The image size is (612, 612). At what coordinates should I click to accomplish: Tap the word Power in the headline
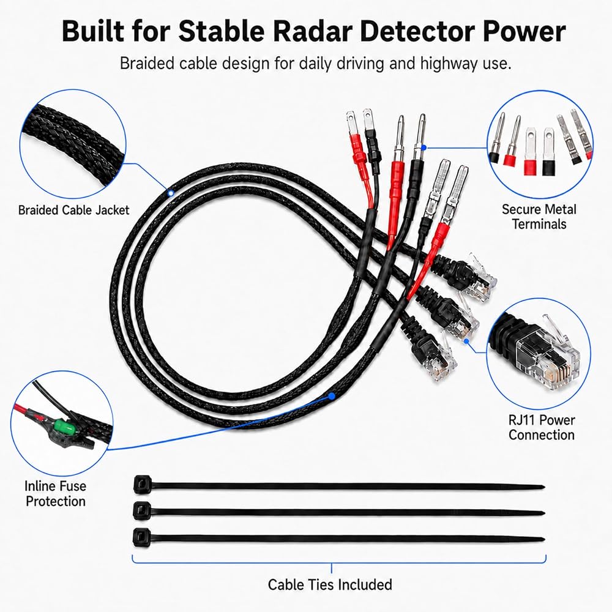[524, 31]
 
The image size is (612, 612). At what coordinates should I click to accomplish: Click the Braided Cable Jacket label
[74, 211]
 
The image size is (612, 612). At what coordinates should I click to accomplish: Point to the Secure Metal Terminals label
[539, 217]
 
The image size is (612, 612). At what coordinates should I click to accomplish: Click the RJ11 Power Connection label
[542, 427]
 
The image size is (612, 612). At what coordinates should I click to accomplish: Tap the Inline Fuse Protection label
[56, 494]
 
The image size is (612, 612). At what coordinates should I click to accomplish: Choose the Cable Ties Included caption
[330, 584]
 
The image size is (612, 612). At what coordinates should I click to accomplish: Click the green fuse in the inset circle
[61, 426]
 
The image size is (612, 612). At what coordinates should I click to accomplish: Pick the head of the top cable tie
[142, 484]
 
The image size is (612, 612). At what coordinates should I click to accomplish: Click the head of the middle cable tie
[142, 510]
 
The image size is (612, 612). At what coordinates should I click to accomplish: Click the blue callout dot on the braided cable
[171, 193]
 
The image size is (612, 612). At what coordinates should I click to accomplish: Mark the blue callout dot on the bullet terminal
[424, 147]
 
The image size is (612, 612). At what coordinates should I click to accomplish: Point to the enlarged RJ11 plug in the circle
[539, 353]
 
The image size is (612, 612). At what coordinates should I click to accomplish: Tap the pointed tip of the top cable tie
[543, 487]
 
